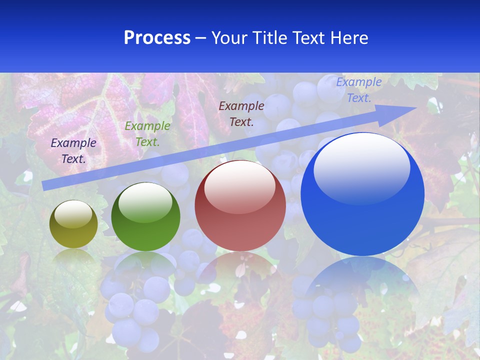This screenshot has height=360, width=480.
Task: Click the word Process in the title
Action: [x=157, y=38]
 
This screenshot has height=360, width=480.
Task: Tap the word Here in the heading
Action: [x=348, y=38]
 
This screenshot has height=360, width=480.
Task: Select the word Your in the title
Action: [x=228, y=38]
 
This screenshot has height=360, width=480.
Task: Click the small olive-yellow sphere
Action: [x=73, y=224]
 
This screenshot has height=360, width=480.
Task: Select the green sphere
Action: [x=145, y=217]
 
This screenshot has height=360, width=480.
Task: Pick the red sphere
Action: [x=240, y=206]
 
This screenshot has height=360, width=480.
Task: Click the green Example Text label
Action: [x=147, y=134]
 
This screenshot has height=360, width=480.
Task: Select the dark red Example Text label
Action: [x=241, y=113]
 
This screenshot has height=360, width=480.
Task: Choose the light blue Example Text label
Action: [x=359, y=90]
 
